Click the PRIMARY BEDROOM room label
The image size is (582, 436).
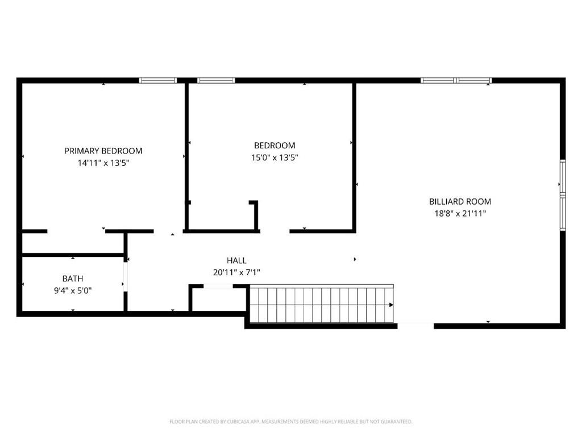[103, 151]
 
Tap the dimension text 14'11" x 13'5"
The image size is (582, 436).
[103, 163]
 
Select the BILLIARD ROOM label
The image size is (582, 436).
[460, 202]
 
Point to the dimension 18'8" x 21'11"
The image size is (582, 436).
[460, 214]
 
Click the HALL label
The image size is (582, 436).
[236, 260]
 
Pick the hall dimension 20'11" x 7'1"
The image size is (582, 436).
[236, 272]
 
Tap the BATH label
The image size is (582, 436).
[73, 279]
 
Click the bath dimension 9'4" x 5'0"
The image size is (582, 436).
[73, 290]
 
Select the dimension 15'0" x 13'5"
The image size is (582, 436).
[275, 157]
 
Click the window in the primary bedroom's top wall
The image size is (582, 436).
[158, 80]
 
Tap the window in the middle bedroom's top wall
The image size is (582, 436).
[216, 80]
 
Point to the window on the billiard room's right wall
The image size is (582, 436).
[563, 195]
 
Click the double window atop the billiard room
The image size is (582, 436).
[456, 80]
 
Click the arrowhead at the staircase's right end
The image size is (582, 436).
[391, 305]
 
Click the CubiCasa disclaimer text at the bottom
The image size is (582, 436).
[290, 422]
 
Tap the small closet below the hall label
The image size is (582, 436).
[218, 299]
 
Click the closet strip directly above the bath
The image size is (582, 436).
[73, 243]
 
